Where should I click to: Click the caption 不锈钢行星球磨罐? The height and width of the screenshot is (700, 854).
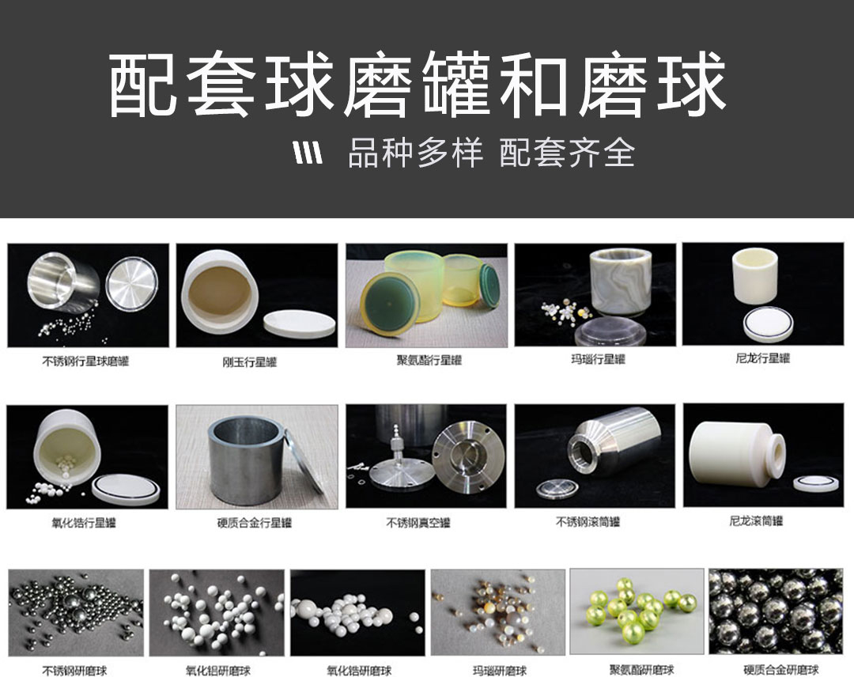[85, 361]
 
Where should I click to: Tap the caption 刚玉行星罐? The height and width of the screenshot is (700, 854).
[249, 362]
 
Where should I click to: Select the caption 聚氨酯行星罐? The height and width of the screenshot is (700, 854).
[429, 360]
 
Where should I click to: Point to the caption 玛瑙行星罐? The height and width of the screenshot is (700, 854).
[598, 360]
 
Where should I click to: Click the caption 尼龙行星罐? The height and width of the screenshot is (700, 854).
[762, 358]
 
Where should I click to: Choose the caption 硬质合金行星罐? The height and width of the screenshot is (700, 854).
[255, 523]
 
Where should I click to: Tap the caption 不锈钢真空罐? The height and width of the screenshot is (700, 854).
[418, 523]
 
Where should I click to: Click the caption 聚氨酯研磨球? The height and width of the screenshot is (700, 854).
[641, 669]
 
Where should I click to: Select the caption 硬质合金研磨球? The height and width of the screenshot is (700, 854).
[781, 669]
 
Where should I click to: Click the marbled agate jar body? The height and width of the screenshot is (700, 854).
[622, 282]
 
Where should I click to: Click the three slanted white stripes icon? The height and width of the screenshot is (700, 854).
[308, 153]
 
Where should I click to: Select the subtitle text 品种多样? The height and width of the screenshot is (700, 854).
[416, 153]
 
